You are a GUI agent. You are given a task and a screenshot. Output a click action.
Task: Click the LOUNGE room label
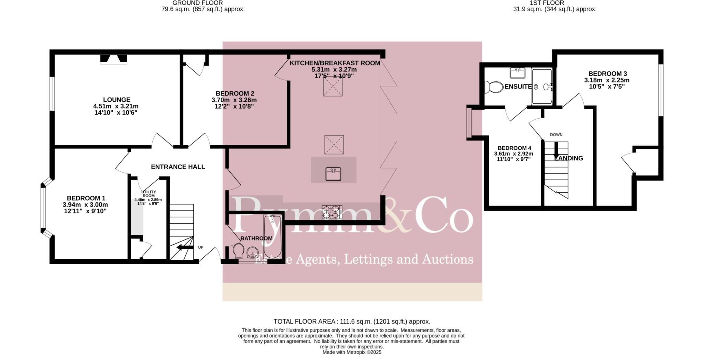click(117, 100)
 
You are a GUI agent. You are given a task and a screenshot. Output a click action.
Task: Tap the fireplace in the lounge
click(113, 59)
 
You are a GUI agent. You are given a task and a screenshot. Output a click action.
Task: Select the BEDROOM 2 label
click(235, 93)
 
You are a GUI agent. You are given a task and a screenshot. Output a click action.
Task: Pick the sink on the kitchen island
click(333, 174)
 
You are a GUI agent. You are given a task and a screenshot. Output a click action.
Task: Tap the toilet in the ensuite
click(492, 87)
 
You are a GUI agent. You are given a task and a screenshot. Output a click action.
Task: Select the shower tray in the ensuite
click(542, 87)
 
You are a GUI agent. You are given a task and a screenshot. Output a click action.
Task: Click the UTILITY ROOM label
click(148, 194)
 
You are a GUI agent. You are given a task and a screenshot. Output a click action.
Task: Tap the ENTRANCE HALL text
click(178, 167)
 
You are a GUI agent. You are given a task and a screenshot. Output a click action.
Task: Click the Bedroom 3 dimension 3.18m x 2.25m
click(607, 80)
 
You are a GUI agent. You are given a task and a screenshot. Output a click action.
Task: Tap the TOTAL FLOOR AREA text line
click(352, 322)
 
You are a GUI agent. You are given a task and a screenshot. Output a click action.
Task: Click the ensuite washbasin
click(517, 73)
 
